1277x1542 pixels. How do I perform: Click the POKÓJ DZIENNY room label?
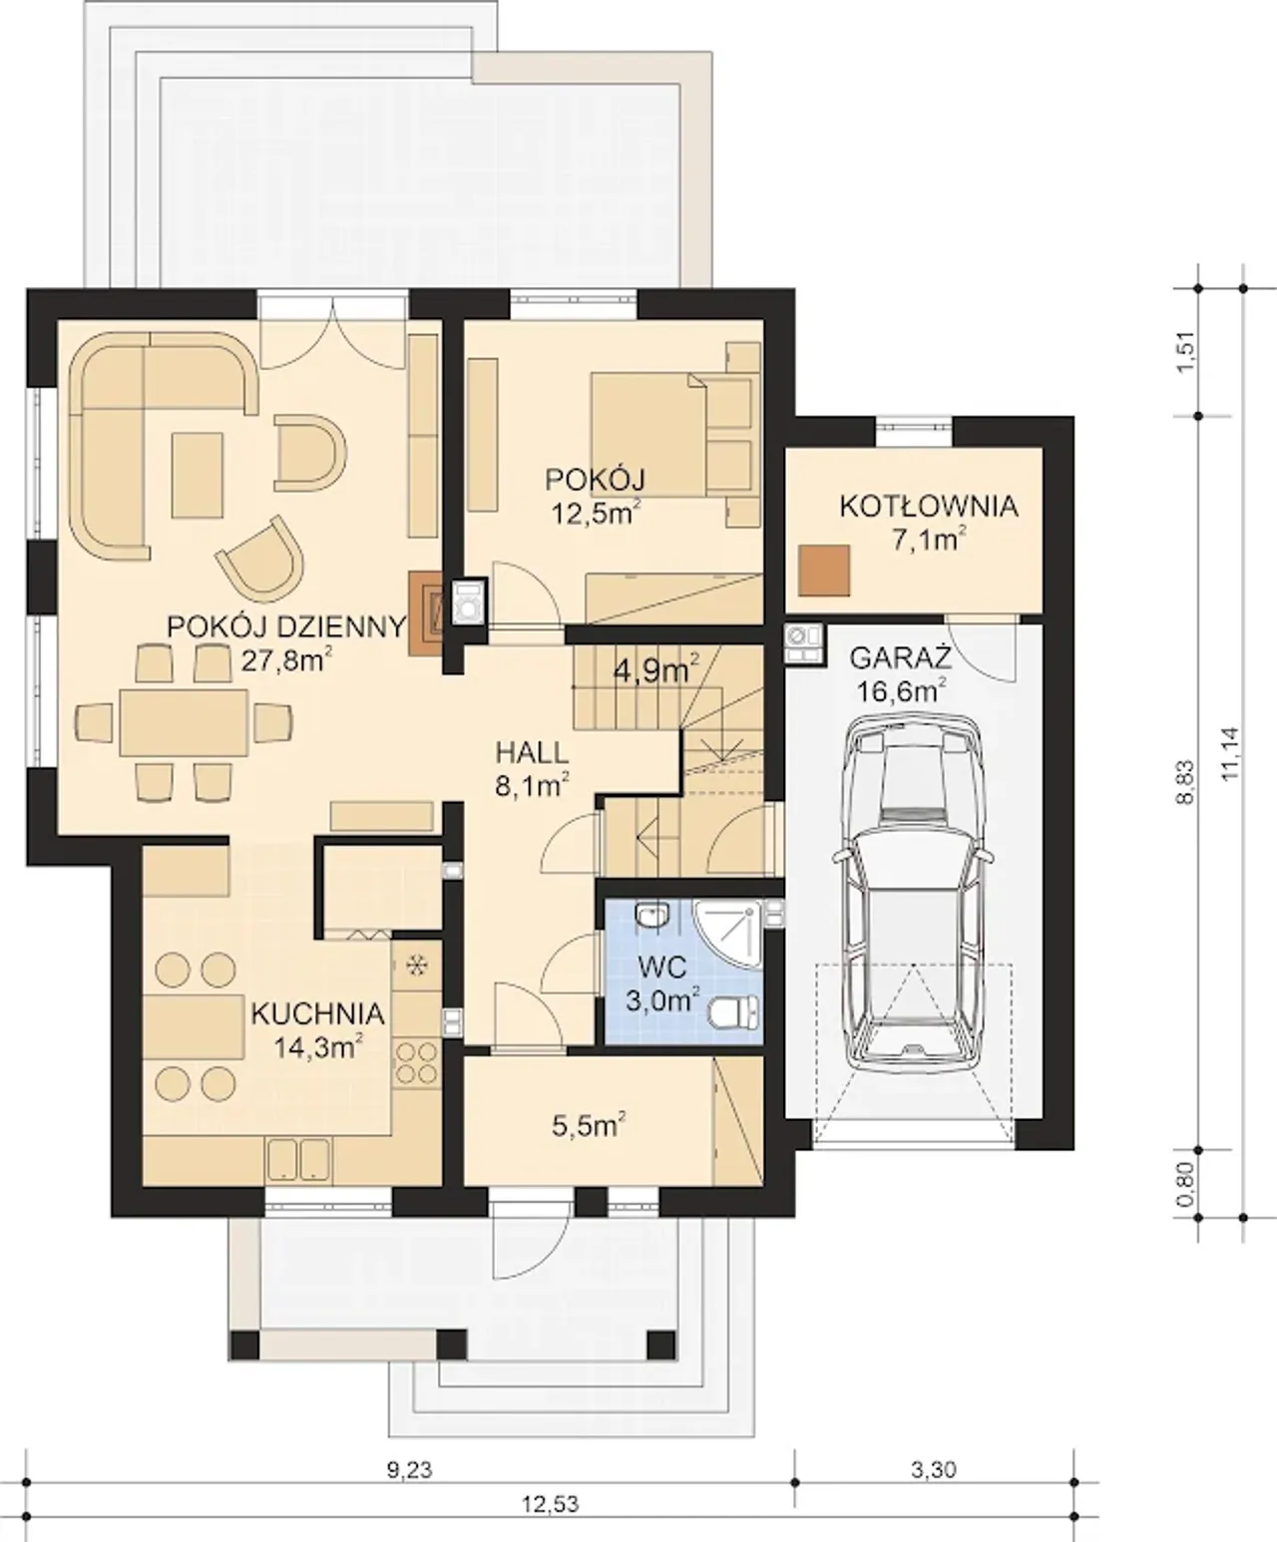coord(286,626)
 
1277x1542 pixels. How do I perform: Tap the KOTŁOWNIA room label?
coord(929,507)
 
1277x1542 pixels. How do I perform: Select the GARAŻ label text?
coord(900,656)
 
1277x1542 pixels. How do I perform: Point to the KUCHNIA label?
coord(317,1014)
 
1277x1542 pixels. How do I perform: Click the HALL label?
coord(532,752)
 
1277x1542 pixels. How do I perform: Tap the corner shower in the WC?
coord(727,934)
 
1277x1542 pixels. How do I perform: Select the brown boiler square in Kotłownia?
coord(823,571)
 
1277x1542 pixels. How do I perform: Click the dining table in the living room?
coord(184,722)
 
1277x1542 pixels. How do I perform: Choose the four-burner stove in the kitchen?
coord(417,1062)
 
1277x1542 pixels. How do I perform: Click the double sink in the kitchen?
coord(297,1159)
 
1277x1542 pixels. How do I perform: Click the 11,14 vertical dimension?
coord(1230,754)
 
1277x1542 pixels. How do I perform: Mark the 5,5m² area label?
coord(589,1124)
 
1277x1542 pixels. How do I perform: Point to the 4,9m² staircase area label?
coord(655,670)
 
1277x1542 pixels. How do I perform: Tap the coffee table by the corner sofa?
coord(198,475)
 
